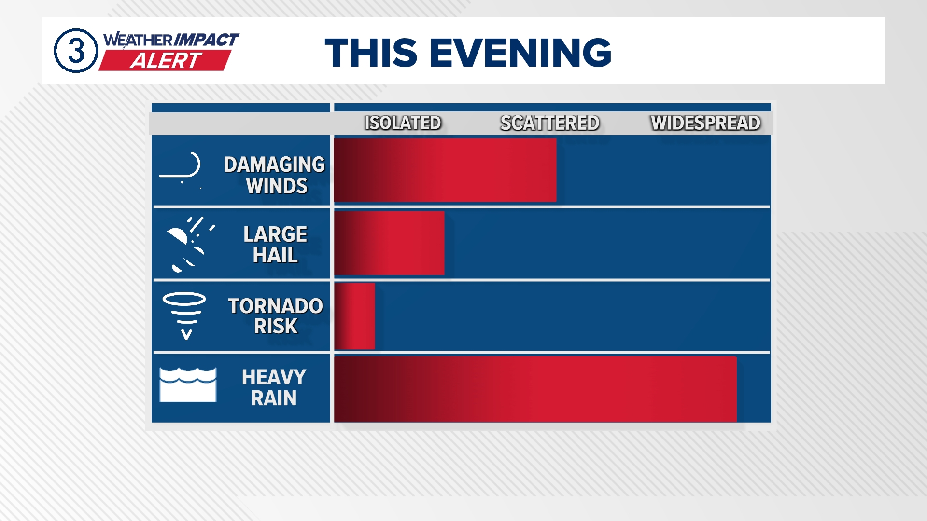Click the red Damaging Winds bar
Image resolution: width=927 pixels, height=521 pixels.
pos(445,170)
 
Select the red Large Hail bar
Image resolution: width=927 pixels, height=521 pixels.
pos(389,243)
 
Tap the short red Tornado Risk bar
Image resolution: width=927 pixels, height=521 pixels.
pos(354,316)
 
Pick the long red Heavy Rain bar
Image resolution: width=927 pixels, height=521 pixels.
pos(535,389)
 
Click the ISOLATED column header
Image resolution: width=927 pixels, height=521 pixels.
pos(403,123)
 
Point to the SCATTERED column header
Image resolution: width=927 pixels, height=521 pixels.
pos(550,123)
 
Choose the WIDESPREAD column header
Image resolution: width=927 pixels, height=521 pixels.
pos(705,123)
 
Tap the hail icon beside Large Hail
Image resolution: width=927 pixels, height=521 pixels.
pos(190,245)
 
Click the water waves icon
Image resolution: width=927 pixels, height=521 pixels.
pos(188,385)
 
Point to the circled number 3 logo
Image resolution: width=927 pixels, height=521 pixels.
pos(76,51)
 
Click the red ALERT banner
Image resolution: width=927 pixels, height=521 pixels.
pos(165,60)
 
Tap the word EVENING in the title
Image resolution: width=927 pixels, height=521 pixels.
pos(520,52)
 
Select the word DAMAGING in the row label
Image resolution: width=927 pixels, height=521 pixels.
pos(274,165)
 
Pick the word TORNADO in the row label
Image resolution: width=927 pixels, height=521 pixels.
pos(275,306)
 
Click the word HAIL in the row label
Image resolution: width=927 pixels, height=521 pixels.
pos(275,255)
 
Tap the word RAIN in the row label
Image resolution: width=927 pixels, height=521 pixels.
pos(274,398)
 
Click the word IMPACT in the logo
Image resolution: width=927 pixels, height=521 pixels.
pos(206,40)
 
